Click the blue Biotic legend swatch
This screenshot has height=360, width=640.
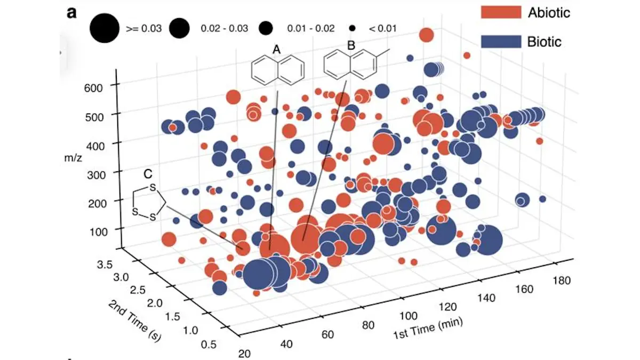(x=500, y=41)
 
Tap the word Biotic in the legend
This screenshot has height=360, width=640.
(x=545, y=41)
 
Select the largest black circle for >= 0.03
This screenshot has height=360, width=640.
(x=104, y=28)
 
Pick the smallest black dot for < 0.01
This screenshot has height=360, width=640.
(x=353, y=28)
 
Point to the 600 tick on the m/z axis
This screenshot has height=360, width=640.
(x=100, y=85)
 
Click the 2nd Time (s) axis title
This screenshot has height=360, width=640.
(x=135, y=321)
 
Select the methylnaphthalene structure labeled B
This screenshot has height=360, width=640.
(x=355, y=64)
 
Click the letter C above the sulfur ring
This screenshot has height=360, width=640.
(x=148, y=173)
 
